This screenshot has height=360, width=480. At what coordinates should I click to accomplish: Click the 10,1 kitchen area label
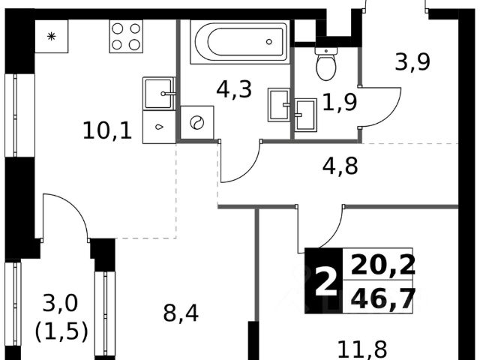(108, 131)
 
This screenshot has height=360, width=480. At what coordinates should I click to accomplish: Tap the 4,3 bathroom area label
(233, 90)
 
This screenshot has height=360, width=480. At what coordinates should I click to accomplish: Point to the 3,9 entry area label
(412, 64)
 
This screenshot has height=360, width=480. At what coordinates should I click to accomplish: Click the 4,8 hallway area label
(340, 165)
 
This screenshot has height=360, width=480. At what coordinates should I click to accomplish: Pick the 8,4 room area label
(181, 312)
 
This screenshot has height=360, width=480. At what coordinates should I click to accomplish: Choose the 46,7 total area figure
(379, 299)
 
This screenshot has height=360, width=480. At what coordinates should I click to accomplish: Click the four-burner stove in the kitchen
(126, 35)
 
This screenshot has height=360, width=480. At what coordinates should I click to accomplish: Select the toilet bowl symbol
(325, 64)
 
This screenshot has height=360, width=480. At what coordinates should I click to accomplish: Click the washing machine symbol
(197, 122)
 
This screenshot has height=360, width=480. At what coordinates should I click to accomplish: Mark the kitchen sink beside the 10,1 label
(159, 94)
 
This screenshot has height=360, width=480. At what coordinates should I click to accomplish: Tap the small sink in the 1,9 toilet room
(306, 115)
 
